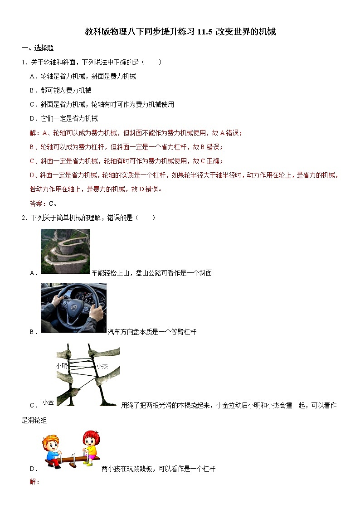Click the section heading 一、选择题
[x=38, y=48]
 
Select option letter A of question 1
[x=33, y=77]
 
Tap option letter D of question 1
[x=33, y=119]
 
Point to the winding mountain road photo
[x=65, y=251]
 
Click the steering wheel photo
[x=73, y=307]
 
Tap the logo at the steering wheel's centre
[x=73, y=310]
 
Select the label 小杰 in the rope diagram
[x=102, y=365]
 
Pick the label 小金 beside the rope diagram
[x=48, y=402]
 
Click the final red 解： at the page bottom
[x=34, y=481]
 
